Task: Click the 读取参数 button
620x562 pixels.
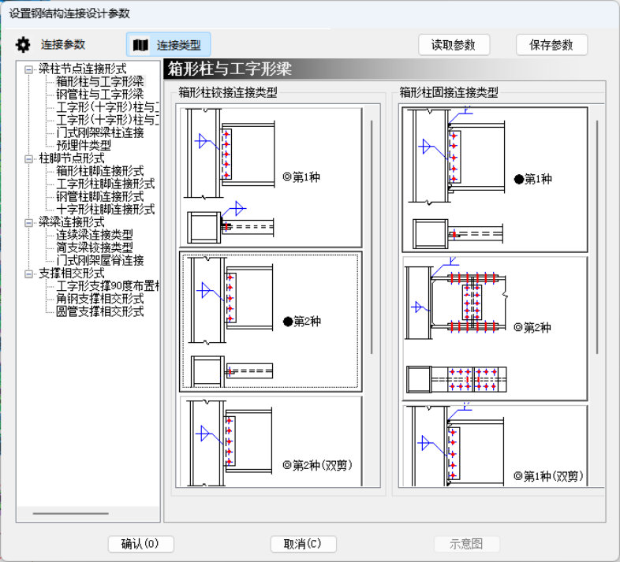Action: point(454,45)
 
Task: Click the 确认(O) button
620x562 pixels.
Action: point(140,544)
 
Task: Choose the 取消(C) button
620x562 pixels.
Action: point(303,544)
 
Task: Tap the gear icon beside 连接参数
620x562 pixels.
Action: point(23,45)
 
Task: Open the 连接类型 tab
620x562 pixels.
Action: point(169,45)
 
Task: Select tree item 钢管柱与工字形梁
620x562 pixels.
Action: point(99,94)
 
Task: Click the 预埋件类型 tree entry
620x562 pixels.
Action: point(84,145)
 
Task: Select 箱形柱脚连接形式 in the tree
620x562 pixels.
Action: point(99,171)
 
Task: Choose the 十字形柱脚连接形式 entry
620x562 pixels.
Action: point(105,210)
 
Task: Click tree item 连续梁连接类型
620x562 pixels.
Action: point(94,235)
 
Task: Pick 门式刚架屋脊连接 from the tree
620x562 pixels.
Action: point(99,260)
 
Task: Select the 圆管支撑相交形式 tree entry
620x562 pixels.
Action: point(99,311)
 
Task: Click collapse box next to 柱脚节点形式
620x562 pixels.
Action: point(29,158)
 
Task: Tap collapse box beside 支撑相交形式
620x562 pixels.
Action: point(29,274)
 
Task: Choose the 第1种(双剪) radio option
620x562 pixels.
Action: point(518,476)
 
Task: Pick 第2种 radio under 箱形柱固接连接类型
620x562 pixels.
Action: point(518,327)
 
